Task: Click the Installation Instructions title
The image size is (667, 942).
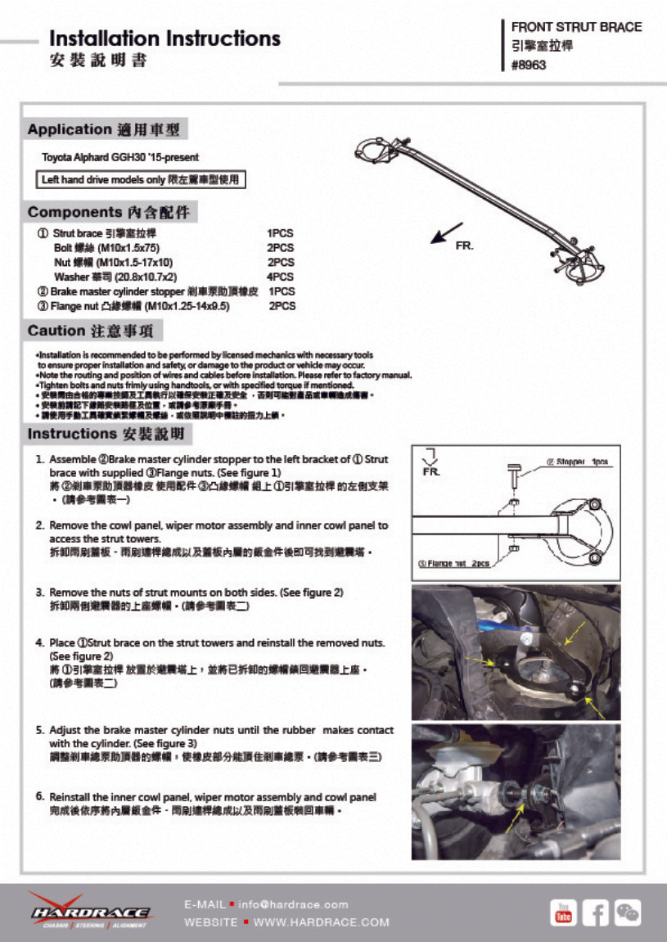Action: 164,38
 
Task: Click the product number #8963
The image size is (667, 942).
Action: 528,65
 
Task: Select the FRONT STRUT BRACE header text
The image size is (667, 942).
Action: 576,27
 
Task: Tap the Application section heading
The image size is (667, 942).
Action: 106,129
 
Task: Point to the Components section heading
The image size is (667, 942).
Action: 110,213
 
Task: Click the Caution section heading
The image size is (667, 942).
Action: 94,331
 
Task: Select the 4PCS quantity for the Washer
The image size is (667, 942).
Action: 281,277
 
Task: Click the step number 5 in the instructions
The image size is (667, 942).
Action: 39,730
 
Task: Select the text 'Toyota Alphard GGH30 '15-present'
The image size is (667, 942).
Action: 120,157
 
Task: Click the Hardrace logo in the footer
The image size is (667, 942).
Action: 89,911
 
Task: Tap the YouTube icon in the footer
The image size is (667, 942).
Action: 563,912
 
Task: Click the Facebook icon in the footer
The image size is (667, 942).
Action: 595,912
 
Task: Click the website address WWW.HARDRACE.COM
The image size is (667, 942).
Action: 321,922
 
